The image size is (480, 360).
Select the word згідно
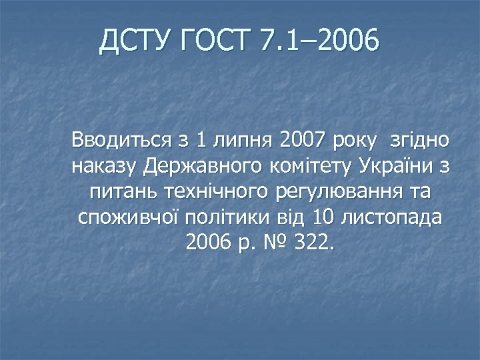coord(421,141)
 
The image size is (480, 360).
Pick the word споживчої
coord(127,217)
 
